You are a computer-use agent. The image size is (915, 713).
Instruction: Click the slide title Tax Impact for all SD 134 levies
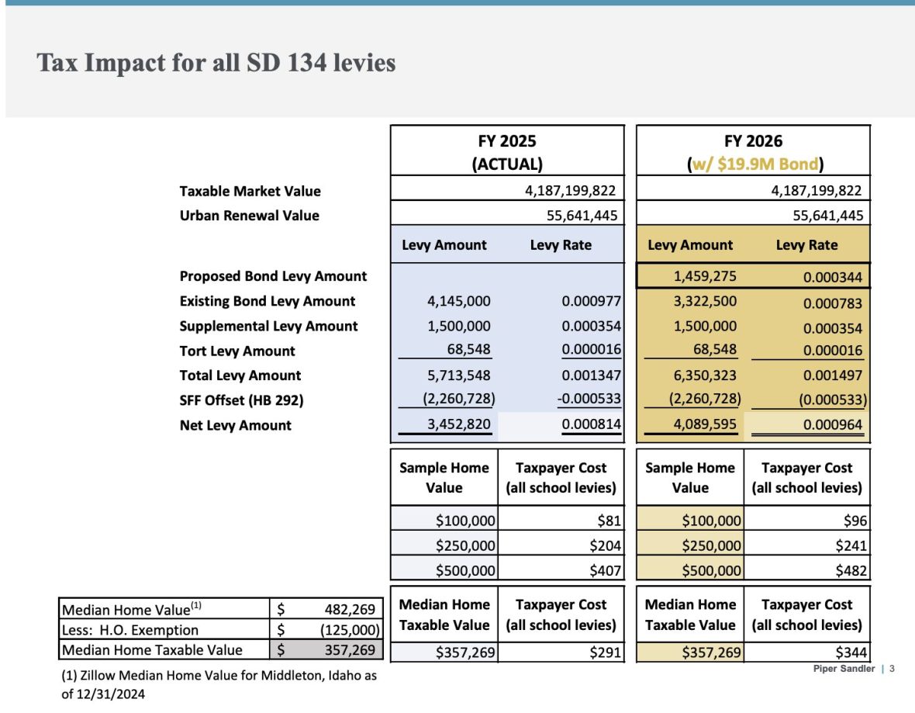point(216,63)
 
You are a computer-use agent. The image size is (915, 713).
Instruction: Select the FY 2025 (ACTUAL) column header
point(507,151)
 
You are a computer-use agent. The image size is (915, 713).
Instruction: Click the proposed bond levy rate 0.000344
point(833,277)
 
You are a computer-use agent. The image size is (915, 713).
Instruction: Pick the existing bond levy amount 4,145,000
point(458,301)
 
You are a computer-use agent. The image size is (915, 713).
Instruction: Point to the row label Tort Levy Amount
point(237,351)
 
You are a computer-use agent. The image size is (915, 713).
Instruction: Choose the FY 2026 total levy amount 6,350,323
point(705,376)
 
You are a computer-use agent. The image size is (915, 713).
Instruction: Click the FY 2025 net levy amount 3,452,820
point(458,425)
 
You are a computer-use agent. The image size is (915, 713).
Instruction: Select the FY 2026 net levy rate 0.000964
point(833,426)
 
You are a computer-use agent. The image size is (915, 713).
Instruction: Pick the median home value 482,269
point(350,610)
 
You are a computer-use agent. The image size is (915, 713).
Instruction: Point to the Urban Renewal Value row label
point(249,215)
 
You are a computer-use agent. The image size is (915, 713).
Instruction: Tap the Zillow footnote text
point(219,684)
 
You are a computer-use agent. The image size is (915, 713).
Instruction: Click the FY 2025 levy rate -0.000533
point(592,400)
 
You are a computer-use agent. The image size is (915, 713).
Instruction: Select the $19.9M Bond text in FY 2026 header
point(776,164)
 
